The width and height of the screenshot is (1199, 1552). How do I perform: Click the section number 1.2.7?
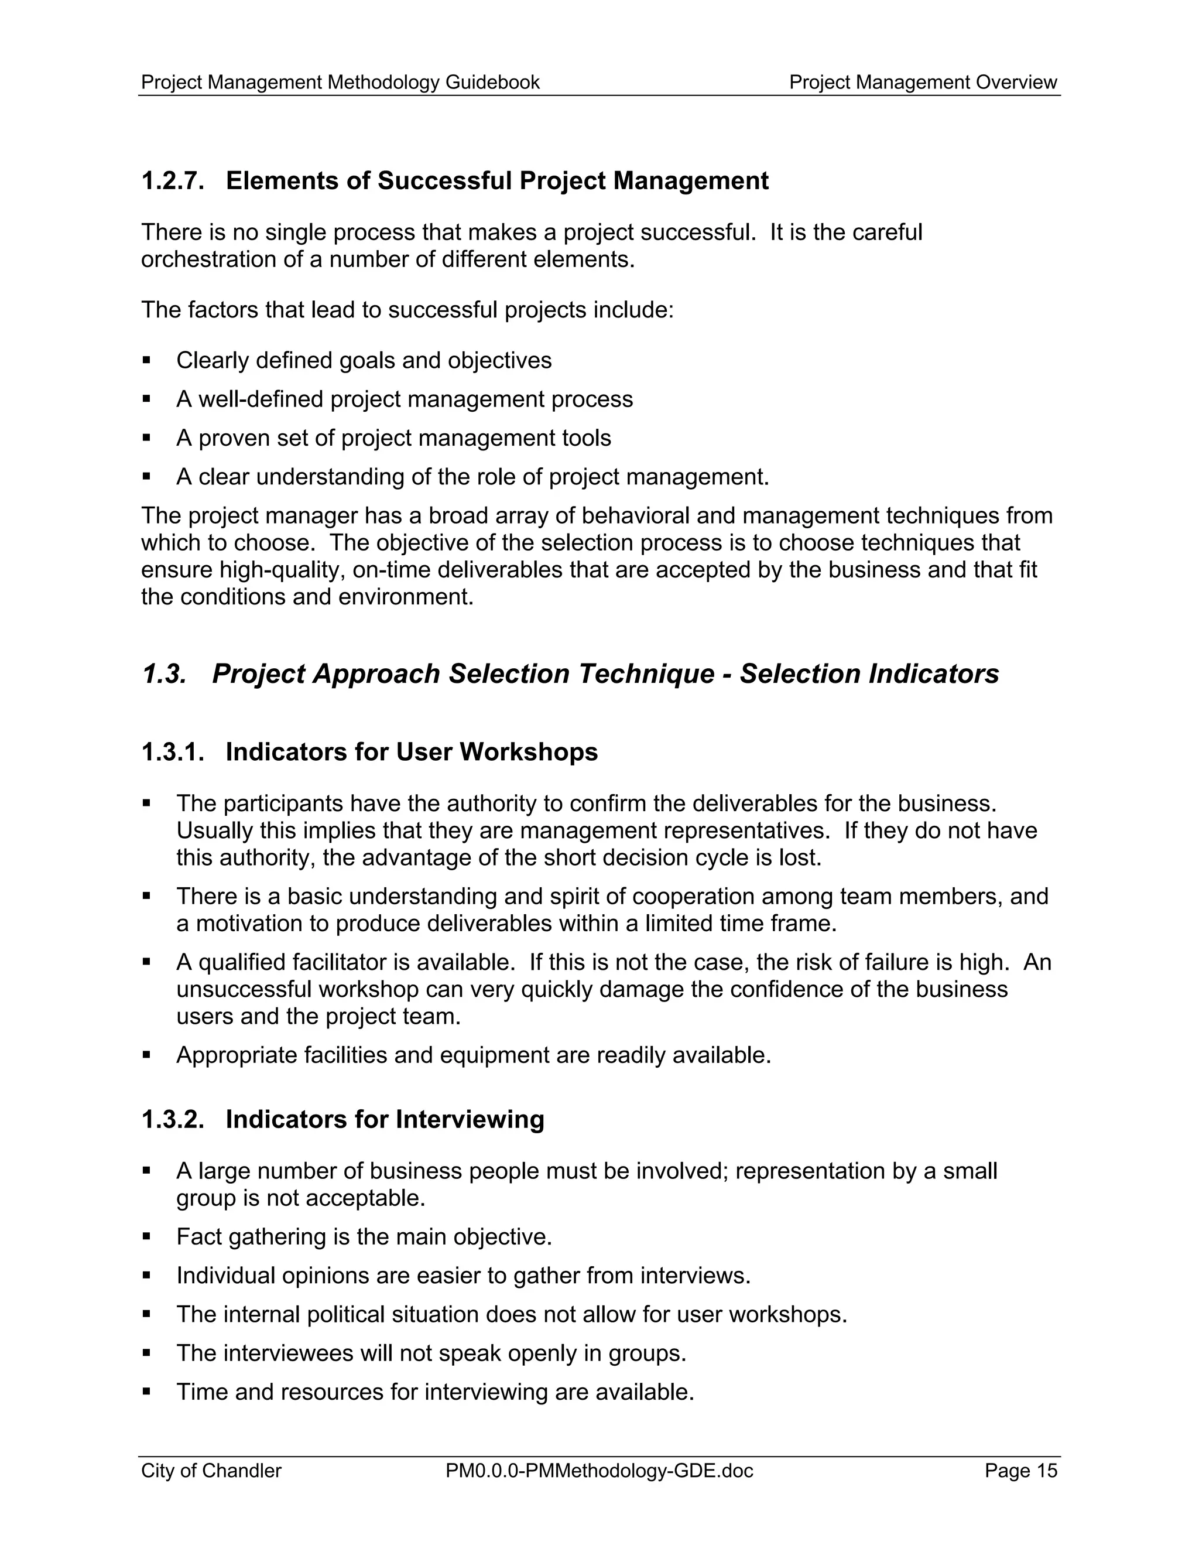(173, 181)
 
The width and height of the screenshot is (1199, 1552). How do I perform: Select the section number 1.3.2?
(173, 1119)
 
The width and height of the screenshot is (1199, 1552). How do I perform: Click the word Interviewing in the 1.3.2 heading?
(470, 1119)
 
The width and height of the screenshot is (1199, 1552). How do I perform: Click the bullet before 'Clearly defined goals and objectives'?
(146, 360)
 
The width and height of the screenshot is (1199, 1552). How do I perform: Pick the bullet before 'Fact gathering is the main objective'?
(146, 1236)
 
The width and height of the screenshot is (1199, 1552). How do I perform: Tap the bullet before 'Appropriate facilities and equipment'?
(146, 1055)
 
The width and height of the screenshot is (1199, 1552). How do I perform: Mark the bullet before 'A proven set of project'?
(146, 437)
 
